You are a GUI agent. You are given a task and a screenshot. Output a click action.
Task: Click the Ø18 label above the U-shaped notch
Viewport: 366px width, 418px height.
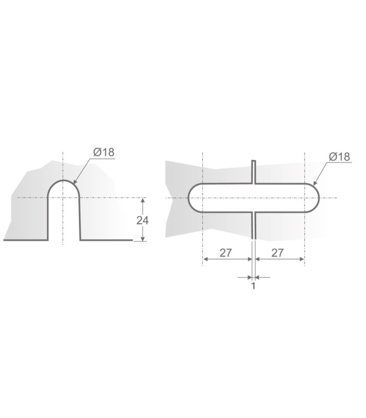[104, 153]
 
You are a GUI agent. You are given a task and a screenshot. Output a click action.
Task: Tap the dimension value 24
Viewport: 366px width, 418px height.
[142, 220]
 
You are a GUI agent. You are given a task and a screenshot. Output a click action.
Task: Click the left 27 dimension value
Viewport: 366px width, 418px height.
[226, 253]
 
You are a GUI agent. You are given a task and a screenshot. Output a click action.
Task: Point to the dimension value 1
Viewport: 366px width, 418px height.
[253, 286]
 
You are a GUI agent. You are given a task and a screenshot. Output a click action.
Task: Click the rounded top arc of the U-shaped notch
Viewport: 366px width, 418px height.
[63, 181]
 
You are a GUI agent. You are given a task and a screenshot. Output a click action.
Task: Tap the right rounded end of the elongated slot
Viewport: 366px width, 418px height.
[317, 198]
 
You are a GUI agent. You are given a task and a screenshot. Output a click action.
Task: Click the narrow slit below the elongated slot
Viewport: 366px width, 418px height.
[253, 225]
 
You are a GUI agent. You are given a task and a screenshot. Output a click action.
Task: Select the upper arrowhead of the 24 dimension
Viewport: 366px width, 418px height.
[142, 201]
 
